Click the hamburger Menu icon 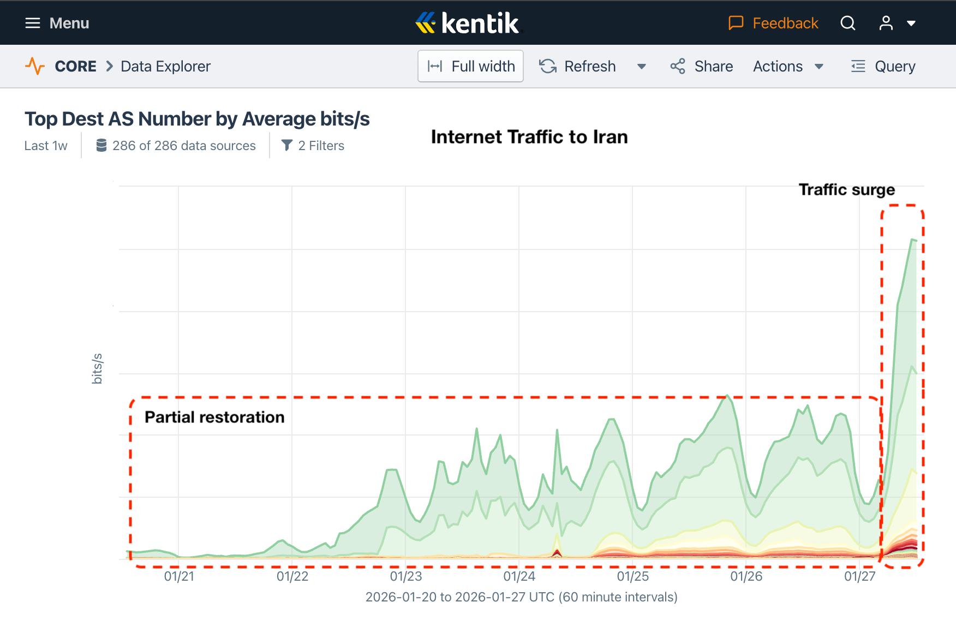click(x=33, y=23)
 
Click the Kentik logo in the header click(x=468, y=23)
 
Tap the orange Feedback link click(x=773, y=23)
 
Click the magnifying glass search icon click(x=847, y=23)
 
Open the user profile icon click(x=886, y=23)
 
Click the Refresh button click(x=578, y=66)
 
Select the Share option click(x=702, y=66)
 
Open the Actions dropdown click(x=787, y=66)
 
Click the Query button click(x=883, y=66)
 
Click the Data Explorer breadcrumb click(x=165, y=66)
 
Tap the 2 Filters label click(x=313, y=146)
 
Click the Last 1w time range click(x=46, y=146)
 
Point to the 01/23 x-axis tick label click(x=406, y=576)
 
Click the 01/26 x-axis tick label click(x=746, y=576)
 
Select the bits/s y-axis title click(x=97, y=368)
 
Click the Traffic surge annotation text click(x=846, y=189)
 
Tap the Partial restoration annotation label click(x=214, y=417)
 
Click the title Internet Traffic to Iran click(x=529, y=136)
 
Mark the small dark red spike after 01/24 click(x=557, y=553)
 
